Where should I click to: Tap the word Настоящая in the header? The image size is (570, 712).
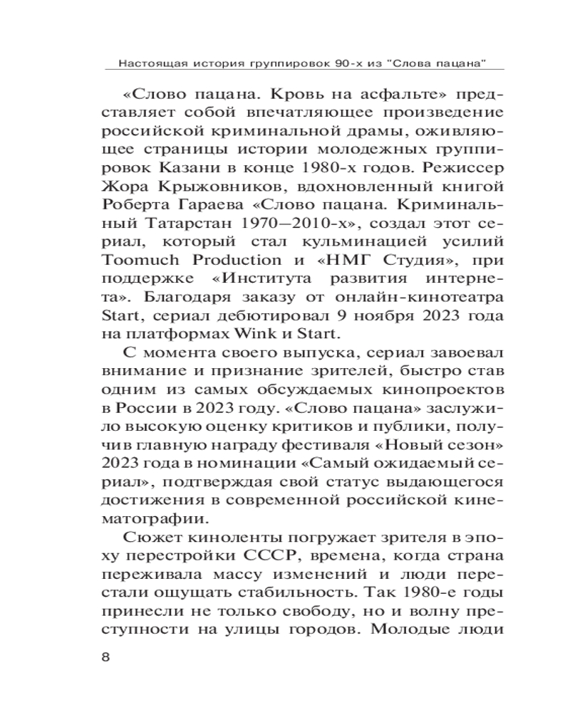(x=147, y=63)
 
